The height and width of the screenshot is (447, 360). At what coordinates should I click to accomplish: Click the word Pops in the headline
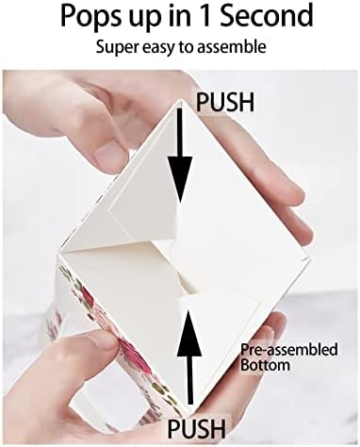tap(90, 16)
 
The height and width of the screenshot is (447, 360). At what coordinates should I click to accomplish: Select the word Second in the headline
tap(267, 15)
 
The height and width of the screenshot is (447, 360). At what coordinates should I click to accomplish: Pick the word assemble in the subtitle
tap(232, 47)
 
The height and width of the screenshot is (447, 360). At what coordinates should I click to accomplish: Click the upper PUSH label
tap(225, 102)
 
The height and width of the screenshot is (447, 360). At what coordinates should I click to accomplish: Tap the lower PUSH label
tap(197, 428)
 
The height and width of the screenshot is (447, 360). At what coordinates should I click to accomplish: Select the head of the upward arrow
tap(189, 333)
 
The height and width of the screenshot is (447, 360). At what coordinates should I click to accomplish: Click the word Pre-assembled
tap(289, 350)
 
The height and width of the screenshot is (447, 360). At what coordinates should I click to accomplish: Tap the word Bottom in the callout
tap(265, 365)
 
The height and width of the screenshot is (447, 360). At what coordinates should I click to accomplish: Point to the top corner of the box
tap(180, 100)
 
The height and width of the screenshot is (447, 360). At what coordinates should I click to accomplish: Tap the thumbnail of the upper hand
tap(108, 155)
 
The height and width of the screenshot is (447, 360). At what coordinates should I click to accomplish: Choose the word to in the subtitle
tap(188, 47)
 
